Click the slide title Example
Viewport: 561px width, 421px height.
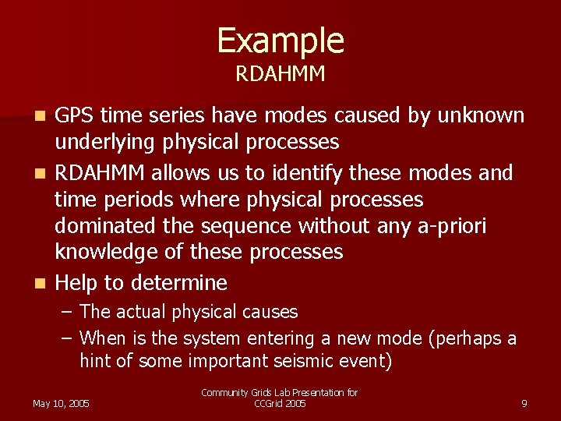(x=280, y=41)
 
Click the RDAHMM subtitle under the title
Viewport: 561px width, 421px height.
(x=280, y=75)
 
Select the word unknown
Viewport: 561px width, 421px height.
(x=481, y=115)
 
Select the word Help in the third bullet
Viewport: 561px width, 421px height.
(x=76, y=282)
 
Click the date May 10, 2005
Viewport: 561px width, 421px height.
(x=61, y=404)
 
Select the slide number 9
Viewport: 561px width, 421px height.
(x=524, y=404)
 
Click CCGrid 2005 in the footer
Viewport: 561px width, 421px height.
(x=280, y=404)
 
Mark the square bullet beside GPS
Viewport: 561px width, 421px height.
(x=44, y=117)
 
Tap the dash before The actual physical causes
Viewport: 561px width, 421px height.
(x=67, y=312)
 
